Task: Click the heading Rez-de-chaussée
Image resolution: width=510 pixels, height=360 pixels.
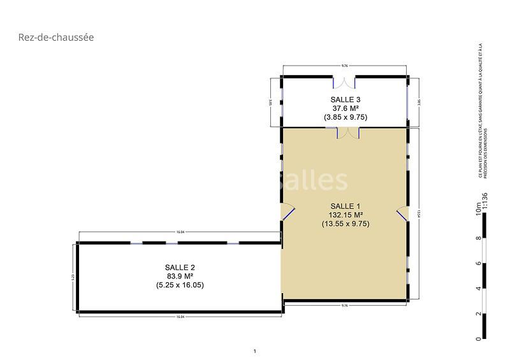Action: (56, 38)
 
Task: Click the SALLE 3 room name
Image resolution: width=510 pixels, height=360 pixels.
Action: (346, 99)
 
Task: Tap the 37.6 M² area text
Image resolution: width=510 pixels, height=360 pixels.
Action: (346, 108)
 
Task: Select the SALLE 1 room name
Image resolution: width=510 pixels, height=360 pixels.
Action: (346, 206)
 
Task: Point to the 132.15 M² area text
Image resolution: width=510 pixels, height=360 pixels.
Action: (346, 215)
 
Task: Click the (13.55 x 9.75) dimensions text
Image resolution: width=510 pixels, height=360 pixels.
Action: (346, 224)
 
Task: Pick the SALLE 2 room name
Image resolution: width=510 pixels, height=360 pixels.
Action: (180, 267)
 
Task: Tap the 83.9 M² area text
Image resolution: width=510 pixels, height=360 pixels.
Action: (180, 276)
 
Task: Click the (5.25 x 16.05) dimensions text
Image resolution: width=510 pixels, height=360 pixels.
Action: (180, 285)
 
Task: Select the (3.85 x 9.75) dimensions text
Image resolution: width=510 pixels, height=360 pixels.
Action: (346, 117)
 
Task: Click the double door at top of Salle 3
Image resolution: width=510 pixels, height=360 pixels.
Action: (345, 81)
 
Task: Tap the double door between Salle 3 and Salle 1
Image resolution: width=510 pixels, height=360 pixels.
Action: (347, 133)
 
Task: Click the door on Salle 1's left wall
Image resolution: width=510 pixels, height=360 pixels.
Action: (287, 212)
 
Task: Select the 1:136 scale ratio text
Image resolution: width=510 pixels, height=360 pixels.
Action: (485, 201)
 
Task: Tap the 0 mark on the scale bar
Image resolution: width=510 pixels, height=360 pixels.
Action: (477, 338)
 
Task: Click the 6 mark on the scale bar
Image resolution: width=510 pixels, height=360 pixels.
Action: (477, 263)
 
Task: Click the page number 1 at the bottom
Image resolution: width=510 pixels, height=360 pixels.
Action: (254, 351)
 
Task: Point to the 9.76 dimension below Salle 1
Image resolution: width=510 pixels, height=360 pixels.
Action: (345, 306)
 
